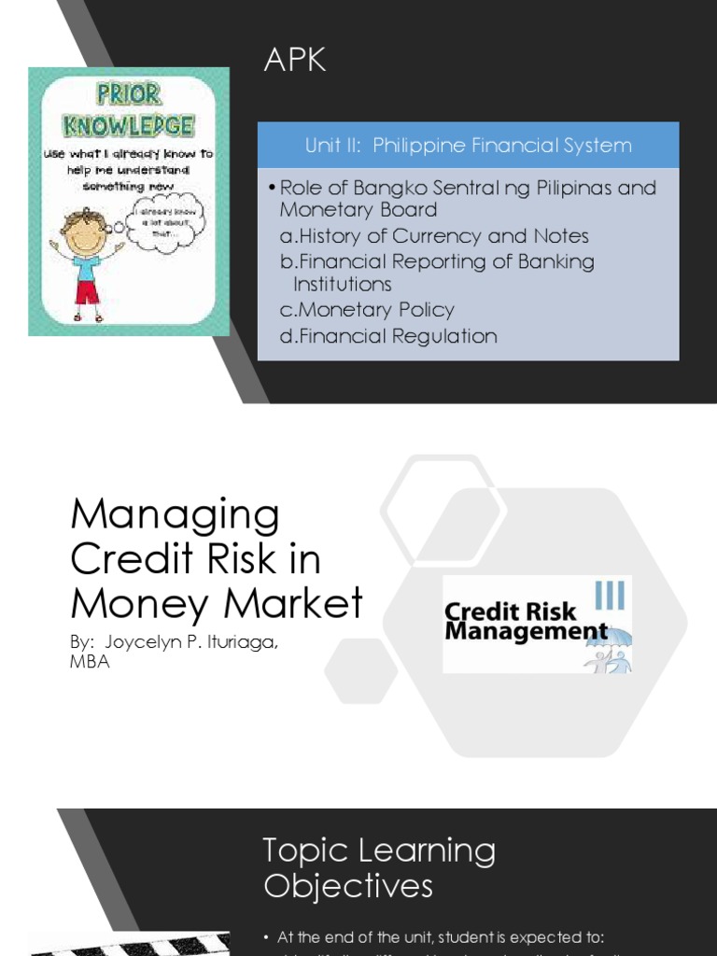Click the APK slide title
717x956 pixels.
tap(295, 60)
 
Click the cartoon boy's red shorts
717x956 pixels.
tap(88, 291)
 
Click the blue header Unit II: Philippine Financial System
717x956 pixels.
tap(468, 146)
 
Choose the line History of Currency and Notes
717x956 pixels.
tap(434, 236)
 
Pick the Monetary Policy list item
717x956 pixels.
tap(367, 310)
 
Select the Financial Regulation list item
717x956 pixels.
tap(388, 336)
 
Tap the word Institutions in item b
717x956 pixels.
tap(343, 284)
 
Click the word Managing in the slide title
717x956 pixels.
tap(176, 514)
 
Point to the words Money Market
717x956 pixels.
tap(217, 603)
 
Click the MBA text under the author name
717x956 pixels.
tap(91, 662)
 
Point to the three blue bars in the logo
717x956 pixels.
tap(610, 595)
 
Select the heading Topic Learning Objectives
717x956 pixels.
tap(379, 868)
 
